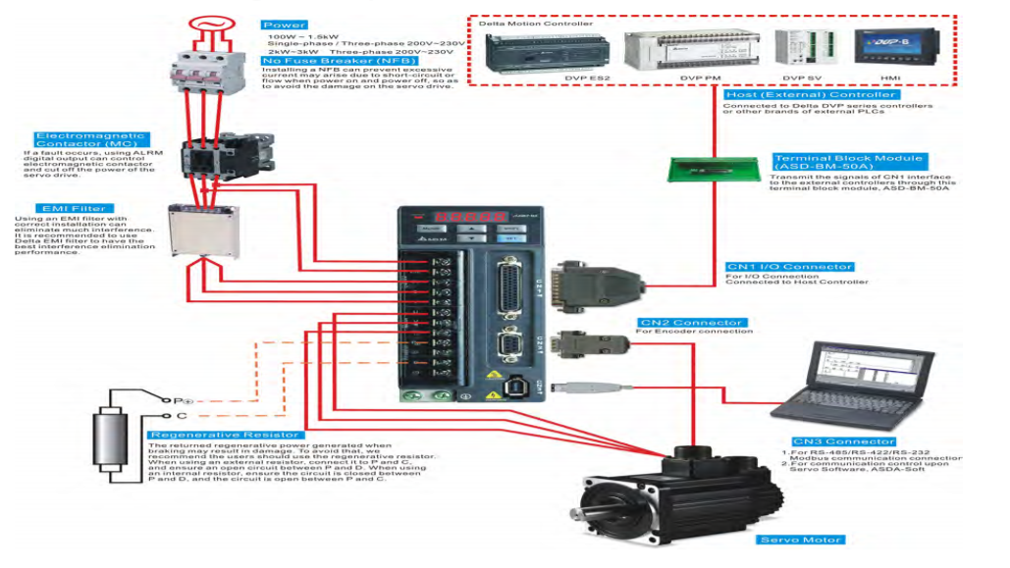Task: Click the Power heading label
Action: (285, 26)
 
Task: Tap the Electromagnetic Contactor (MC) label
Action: (89, 140)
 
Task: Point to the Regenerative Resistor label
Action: (225, 435)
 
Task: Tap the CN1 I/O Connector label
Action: (789, 267)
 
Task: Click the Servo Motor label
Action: (800, 540)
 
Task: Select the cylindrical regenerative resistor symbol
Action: (110, 438)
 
